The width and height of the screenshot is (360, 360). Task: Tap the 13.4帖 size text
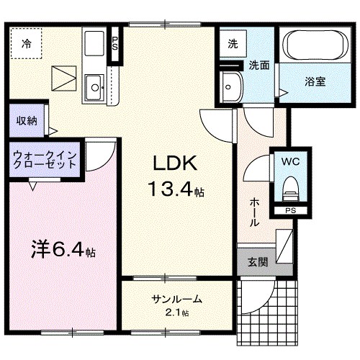point(176,191)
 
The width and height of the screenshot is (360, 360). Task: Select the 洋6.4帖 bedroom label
point(63,252)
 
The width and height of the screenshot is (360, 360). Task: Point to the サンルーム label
point(176,300)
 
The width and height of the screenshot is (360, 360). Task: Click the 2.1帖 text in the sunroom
point(176,313)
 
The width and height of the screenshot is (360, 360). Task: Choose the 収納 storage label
point(27,120)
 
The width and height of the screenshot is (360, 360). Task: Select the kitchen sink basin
point(94,90)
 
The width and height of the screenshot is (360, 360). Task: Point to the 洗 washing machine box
point(233,44)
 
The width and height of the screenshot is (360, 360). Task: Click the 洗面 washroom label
point(259,65)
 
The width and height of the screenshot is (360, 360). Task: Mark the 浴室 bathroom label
point(314,81)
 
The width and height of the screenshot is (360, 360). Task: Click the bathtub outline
point(314,47)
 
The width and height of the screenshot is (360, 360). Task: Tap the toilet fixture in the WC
point(291,189)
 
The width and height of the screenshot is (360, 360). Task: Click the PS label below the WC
point(290,211)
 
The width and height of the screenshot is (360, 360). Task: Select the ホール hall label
point(254,212)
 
